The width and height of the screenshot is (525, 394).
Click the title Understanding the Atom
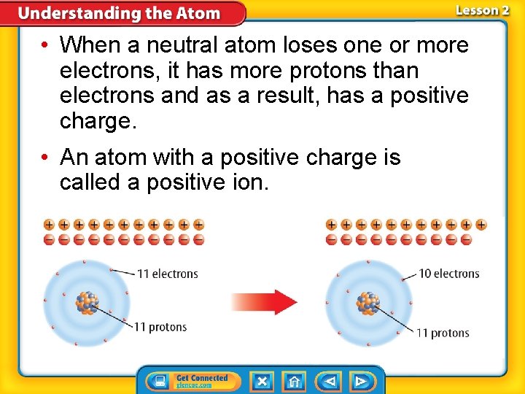click(119, 13)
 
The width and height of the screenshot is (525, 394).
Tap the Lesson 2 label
click(482, 10)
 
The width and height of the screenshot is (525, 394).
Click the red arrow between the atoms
click(264, 301)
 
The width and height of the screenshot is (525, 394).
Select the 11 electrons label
click(168, 274)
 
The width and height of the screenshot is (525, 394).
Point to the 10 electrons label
click(448, 274)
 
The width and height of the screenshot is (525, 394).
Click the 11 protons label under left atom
click(160, 327)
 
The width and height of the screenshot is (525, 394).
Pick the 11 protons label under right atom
click(443, 333)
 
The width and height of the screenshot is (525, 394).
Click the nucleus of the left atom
click(87, 301)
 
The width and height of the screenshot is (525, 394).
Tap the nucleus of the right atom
click(369, 301)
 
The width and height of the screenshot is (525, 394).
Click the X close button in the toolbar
click(262, 381)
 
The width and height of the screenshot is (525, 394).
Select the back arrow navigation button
click(330, 381)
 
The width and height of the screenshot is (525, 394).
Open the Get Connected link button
click(192, 381)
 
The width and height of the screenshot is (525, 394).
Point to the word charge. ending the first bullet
click(98, 120)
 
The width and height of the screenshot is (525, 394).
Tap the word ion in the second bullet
click(251, 182)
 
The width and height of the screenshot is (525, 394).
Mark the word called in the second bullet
click(91, 182)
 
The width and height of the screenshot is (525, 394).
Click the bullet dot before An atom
click(45, 158)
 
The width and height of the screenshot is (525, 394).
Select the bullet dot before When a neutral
click(45, 45)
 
